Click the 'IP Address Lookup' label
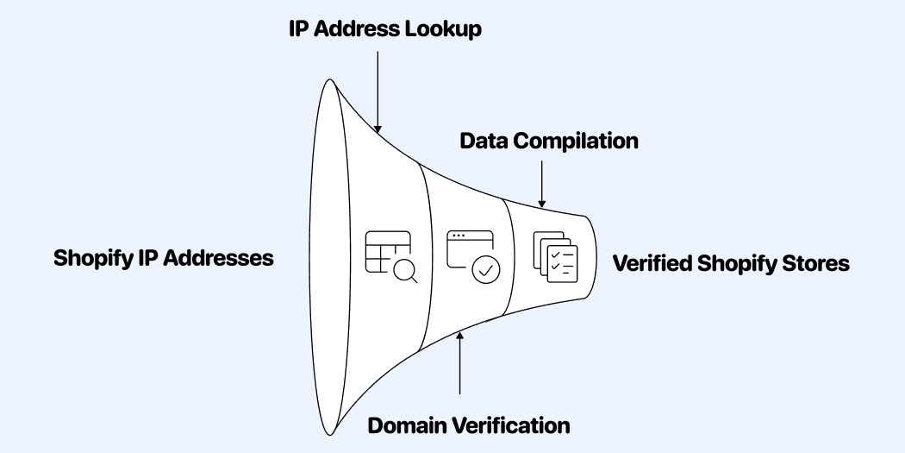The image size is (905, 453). pos(384,28)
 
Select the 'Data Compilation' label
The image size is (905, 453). pos(548,141)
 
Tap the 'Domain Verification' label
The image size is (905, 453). pos(469,425)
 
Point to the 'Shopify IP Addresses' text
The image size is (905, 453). pos(164,258)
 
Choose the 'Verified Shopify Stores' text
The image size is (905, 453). pos(731,263)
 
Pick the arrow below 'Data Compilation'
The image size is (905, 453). pos(541,181)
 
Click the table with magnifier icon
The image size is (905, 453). pos(391,256)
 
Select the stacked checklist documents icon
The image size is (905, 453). pos(553,256)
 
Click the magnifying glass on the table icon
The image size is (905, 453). pos(405,271)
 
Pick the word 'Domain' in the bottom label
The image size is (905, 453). pos(407,425)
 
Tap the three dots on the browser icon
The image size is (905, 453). pos(458,236)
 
